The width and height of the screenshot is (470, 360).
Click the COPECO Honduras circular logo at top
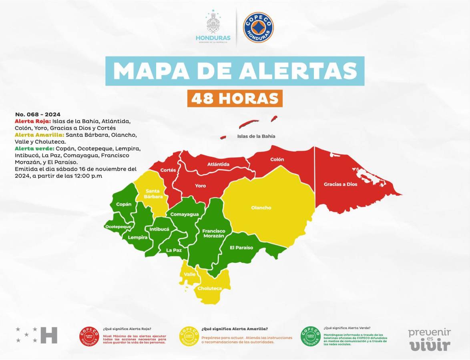258,28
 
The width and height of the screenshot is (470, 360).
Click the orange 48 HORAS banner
235,98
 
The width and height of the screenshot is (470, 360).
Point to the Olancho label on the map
261,208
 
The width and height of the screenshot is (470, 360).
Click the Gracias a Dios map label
340,184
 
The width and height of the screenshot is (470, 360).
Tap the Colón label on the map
277,159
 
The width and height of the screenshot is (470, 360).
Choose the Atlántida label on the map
218,164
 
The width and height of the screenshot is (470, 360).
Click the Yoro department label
200,186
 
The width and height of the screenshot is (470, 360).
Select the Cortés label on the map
168,170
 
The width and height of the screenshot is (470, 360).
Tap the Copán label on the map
124,204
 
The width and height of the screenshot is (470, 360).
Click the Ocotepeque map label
118,227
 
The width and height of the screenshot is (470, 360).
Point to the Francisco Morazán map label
213,234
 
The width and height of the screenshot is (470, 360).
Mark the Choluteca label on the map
210,288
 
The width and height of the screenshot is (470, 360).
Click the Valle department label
190,274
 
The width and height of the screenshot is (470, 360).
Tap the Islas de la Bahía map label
256,136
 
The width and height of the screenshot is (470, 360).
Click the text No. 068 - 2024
38,114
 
